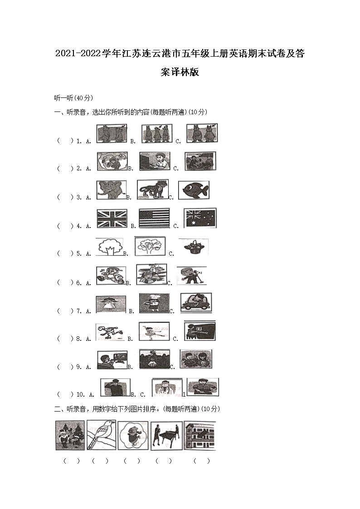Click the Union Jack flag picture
pos(112,218)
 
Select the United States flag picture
pos(154,218)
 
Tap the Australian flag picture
pos(200,218)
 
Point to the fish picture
pos(194,190)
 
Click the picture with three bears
pos(156,134)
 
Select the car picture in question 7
pos(196,303)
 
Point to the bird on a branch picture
pos(101,435)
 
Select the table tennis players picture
pos(166,436)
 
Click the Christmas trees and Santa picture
pos(70,435)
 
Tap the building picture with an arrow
pos(199,436)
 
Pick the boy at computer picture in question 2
pos(156,161)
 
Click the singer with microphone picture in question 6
pos(191,276)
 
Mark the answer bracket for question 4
pos(65,226)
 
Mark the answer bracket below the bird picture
pos(100,461)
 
